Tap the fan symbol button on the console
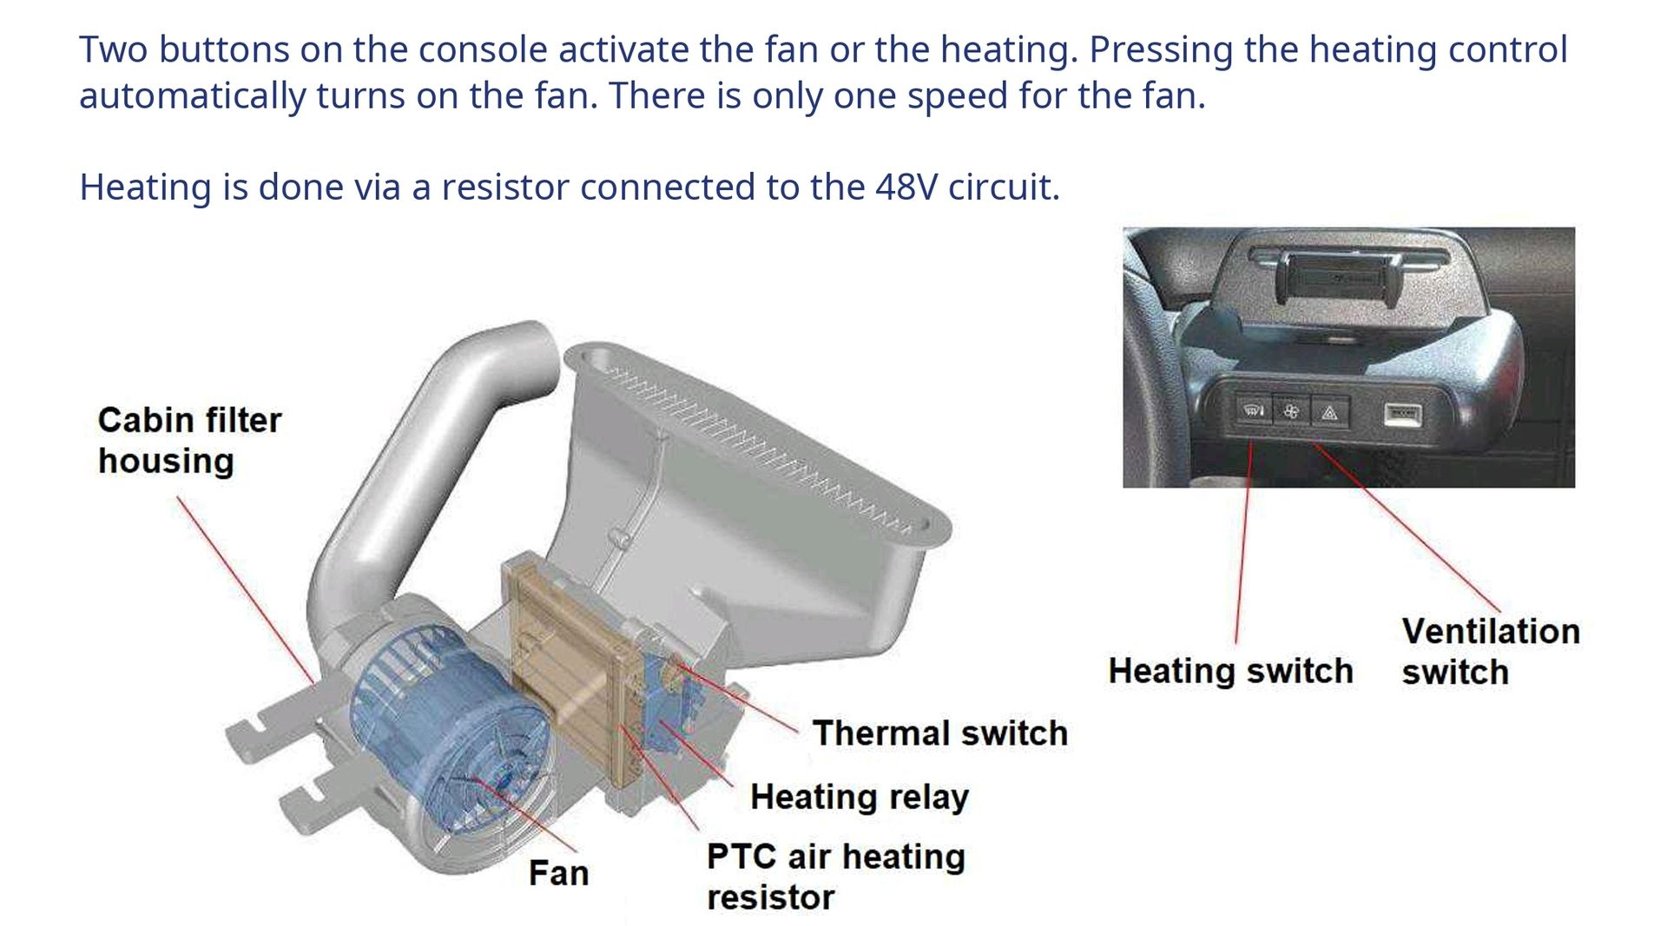[1291, 411]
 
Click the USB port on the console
[1402, 414]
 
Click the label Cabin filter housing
[189, 440]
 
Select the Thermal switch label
[939, 733]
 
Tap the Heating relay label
[859, 797]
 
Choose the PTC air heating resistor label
[835, 877]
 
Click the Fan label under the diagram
[558, 873]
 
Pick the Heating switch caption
[1230, 671]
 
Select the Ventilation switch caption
[1490, 651]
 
